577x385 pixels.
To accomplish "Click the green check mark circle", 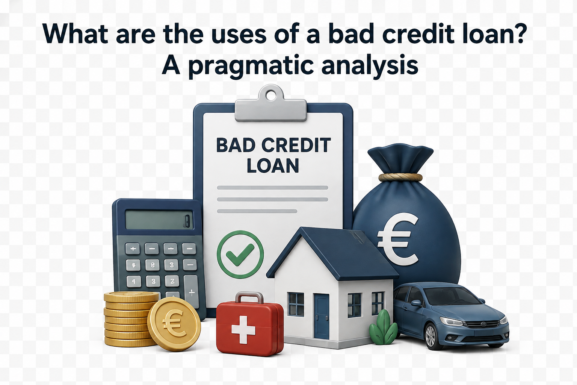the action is pyautogui.click(x=240, y=254).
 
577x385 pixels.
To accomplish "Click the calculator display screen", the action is pyautogui.click(x=159, y=220).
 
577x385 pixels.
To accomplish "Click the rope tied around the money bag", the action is pyautogui.click(x=400, y=177).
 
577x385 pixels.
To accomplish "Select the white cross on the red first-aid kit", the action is pyautogui.click(x=243, y=330).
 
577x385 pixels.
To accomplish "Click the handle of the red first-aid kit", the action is pyautogui.click(x=249, y=298).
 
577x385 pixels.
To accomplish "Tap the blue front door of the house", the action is pyautogui.click(x=321, y=316).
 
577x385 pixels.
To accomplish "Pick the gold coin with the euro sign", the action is pyautogui.click(x=174, y=324).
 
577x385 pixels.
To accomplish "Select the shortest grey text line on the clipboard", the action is pyautogui.click(x=257, y=211).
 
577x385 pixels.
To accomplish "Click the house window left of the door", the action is pyautogui.click(x=296, y=304).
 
